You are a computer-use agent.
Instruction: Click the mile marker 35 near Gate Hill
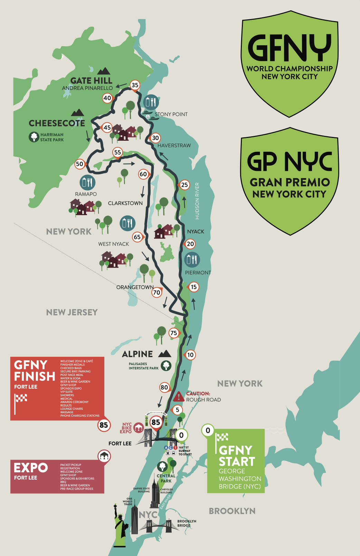[135, 85]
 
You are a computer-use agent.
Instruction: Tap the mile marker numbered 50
[79, 164]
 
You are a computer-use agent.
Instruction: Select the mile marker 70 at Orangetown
[157, 293]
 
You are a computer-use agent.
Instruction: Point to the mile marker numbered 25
[184, 185]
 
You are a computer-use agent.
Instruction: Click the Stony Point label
[171, 114]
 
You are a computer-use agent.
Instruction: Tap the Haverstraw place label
[174, 146]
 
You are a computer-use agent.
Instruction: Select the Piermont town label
[198, 273]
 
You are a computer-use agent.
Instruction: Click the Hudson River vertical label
[197, 201]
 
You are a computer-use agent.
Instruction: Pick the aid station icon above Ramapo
[87, 182]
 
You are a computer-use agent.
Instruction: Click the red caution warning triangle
[179, 396]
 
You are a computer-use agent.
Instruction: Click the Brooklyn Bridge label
[187, 523]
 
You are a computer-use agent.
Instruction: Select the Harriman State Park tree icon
[34, 137]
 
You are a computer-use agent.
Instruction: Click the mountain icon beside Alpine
[165, 354]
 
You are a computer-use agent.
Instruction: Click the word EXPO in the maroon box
[30, 468]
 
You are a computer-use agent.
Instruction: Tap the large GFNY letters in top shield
[289, 48]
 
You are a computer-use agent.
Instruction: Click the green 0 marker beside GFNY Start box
[208, 430]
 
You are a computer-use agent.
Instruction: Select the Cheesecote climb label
[57, 123]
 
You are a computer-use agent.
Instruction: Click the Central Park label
[166, 479]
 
